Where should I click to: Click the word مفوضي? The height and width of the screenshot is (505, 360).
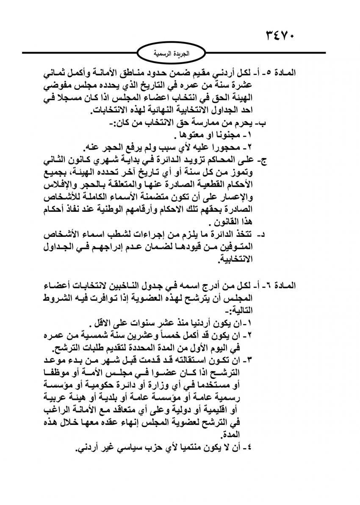click(58, 85)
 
